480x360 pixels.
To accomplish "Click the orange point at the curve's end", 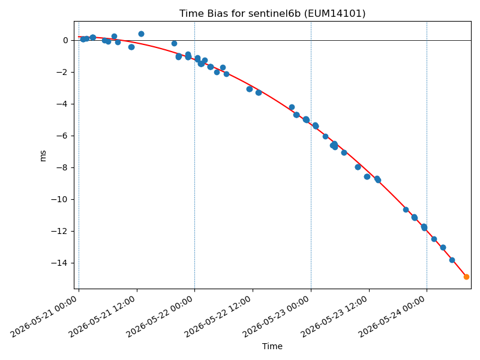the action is [x=466, y=277].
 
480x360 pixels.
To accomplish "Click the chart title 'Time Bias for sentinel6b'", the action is [x=239, y=13].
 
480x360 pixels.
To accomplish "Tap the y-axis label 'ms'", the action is [x=43, y=156].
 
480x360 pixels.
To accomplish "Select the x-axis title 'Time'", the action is [x=272, y=346].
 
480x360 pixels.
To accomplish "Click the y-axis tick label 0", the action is [x=65, y=40].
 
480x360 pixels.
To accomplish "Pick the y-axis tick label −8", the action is [x=62, y=168].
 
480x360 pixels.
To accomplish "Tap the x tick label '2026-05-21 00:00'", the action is [x=43, y=317].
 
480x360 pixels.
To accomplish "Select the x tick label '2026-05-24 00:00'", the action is [x=392, y=317].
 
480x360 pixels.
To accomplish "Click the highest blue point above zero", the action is [x=141, y=34].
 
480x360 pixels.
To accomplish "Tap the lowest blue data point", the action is [x=452, y=260].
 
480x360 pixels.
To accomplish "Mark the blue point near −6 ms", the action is [x=325, y=137].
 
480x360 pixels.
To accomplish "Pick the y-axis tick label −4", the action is [x=62, y=104].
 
